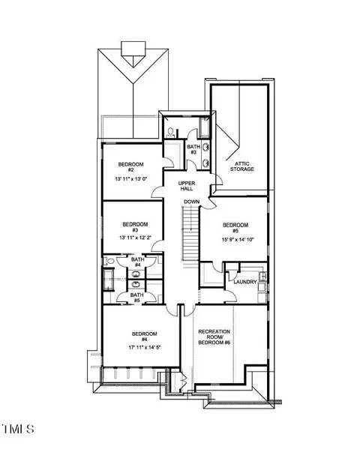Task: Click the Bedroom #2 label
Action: coord(131,167)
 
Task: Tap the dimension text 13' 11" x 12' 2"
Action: coord(135,238)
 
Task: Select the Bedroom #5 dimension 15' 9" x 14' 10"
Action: coord(238,240)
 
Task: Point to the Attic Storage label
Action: coord(242,166)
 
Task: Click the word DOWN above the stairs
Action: coord(192,202)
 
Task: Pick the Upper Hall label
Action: coord(187,186)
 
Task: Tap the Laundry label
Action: coord(245,282)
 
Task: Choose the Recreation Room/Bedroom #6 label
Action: coord(214,337)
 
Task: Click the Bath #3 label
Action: coord(193,149)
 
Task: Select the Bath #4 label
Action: coord(138,262)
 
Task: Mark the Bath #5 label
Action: coord(137,298)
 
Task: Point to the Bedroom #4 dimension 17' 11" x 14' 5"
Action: coord(145,347)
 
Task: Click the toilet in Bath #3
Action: coord(171,133)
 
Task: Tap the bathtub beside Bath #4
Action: coord(109,279)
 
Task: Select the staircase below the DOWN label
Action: coord(190,233)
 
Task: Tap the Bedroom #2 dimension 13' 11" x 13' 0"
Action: coord(131,179)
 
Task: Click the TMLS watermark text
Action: coord(18,429)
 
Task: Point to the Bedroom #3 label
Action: coord(135,227)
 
